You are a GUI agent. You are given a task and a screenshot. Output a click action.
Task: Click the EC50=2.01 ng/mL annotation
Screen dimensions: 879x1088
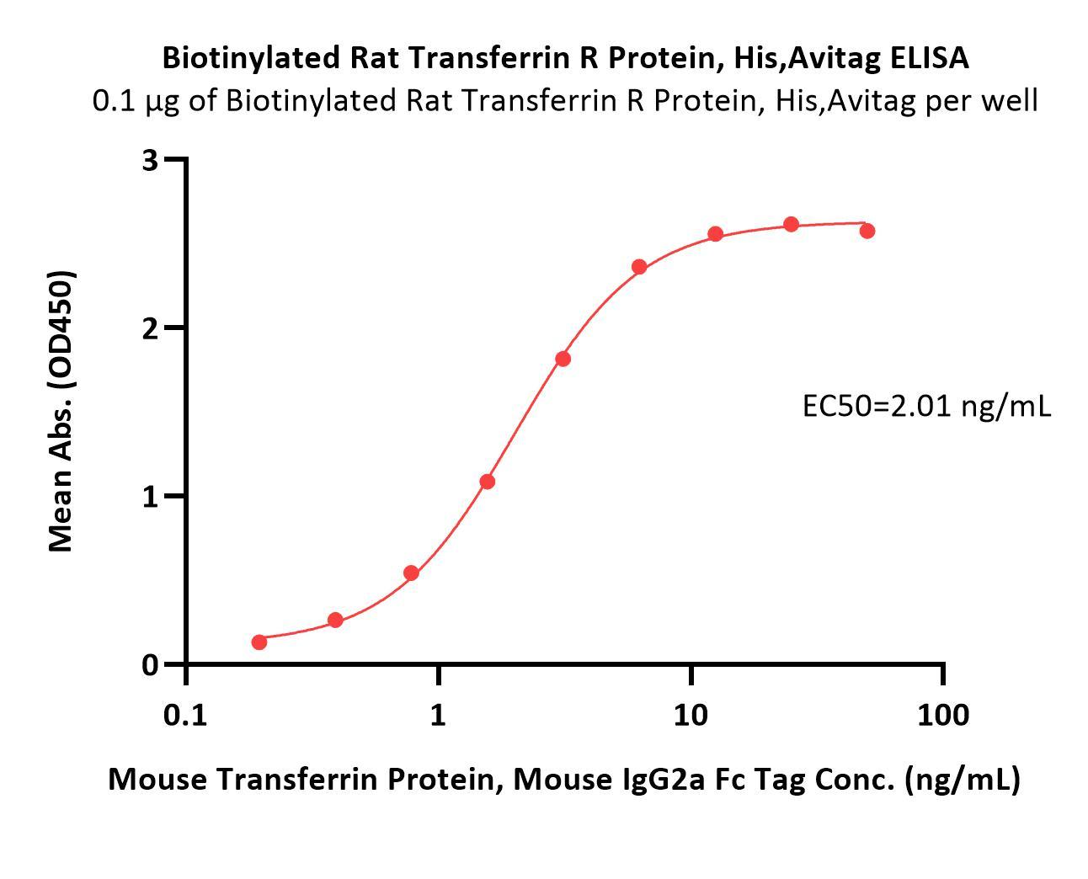pos(926,407)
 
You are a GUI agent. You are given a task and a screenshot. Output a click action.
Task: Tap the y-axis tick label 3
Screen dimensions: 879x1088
pos(151,160)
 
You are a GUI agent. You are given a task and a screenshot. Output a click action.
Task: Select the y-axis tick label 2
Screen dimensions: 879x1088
pos(151,328)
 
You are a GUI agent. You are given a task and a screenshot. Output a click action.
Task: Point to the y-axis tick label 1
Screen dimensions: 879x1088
pos(151,496)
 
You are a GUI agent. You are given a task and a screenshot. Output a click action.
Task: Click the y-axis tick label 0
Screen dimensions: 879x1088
pos(151,664)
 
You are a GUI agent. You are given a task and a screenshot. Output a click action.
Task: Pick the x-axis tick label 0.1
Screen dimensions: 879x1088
pos(185,716)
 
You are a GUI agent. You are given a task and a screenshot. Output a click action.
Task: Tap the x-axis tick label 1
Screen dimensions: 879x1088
pos(438,716)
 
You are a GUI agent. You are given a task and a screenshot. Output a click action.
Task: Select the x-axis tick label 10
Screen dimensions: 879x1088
pos(690,716)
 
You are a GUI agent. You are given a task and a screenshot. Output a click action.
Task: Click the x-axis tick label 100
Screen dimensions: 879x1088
pos(942,716)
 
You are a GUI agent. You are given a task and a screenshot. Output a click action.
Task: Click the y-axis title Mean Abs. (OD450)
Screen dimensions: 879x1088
pos(61,411)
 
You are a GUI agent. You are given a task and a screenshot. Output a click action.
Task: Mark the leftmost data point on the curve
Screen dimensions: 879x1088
pos(259,642)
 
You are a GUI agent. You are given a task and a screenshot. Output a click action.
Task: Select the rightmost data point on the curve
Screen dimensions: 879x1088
pos(867,231)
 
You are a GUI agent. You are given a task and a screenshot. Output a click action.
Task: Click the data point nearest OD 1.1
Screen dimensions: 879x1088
pos(487,482)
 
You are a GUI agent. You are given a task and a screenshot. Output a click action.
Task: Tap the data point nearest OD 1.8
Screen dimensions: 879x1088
pos(563,359)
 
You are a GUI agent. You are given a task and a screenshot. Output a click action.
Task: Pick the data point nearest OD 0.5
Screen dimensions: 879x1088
pos(411,573)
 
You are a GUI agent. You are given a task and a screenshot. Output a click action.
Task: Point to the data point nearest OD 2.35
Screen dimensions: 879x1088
pos(639,267)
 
